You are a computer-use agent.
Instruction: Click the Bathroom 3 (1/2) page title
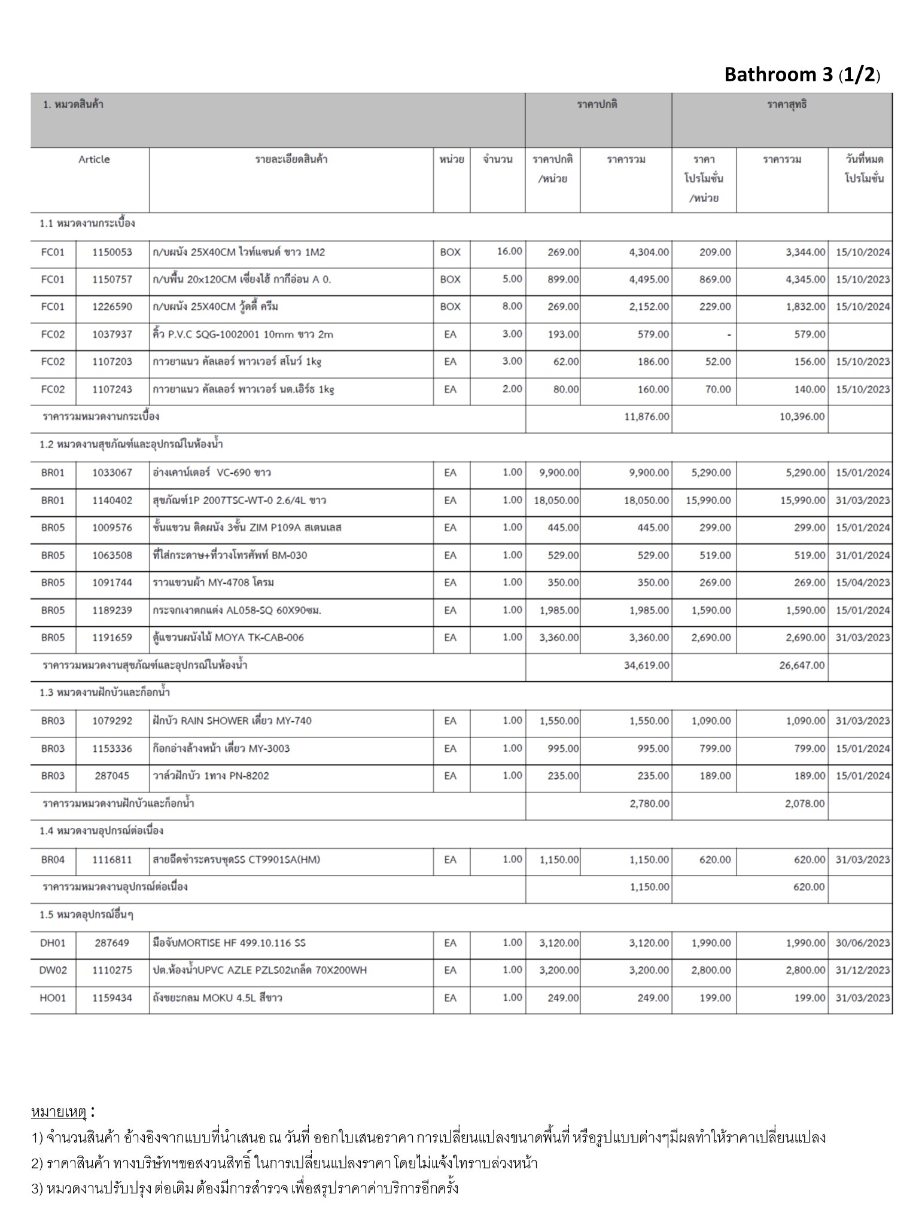[x=802, y=75]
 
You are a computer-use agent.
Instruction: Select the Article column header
[x=94, y=160]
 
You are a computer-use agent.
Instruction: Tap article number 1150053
[x=112, y=252]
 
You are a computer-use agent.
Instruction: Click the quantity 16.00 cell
[x=509, y=251]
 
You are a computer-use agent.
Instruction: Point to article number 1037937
[x=112, y=334]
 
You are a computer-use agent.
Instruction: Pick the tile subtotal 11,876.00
[x=646, y=416]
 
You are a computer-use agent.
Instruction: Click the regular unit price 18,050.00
[x=556, y=500]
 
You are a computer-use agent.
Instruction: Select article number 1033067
[x=112, y=473]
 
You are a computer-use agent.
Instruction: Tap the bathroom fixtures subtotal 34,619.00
[x=646, y=665]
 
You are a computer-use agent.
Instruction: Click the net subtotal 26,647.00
[x=801, y=665]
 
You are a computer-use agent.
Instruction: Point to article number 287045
[x=112, y=776]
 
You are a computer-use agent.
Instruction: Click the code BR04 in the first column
[x=53, y=860]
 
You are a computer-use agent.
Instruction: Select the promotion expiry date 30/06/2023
[x=862, y=943]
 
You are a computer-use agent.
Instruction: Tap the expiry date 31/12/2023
[x=862, y=970]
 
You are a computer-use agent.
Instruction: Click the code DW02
[x=53, y=970]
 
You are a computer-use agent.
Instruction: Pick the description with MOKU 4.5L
[x=217, y=998]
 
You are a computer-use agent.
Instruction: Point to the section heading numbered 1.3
[x=105, y=693]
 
